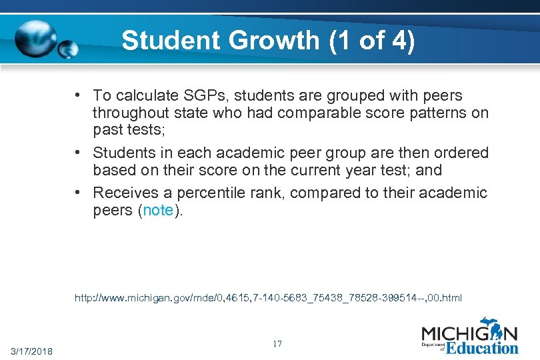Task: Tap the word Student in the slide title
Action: [171, 41]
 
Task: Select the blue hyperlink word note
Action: [158, 211]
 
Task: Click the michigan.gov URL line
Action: [268, 297]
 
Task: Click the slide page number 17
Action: [277, 343]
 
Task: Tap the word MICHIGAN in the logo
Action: [469, 333]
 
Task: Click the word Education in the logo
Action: [482, 347]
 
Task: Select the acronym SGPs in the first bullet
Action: [196, 96]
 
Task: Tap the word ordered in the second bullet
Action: [460, 153]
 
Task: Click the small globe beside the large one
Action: [69, 49]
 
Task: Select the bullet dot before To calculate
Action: [79, 96]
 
